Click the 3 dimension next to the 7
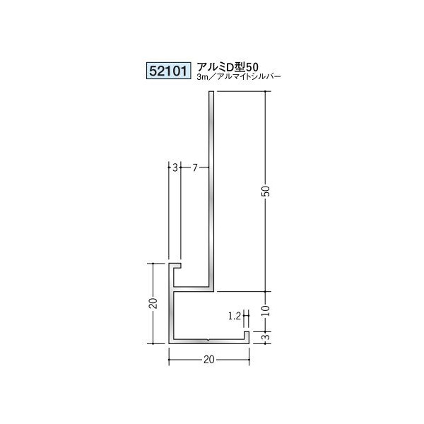click(175, 167)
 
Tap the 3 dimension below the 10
click(266, 336)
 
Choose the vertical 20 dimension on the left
click(152, 305)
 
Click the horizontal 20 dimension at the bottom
click(209, 359)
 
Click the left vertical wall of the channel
click(170, 311)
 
